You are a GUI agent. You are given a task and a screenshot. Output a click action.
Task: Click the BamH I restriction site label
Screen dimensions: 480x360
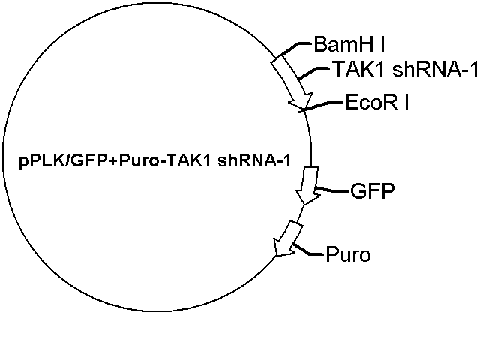[x=349, y=45]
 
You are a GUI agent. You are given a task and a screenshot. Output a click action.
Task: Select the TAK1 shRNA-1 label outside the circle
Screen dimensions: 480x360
[x=405, y=69]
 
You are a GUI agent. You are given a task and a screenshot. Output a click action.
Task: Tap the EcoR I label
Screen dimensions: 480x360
[x=377, y=102]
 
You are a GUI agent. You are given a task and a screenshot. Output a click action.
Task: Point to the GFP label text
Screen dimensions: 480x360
[x=373, y=191]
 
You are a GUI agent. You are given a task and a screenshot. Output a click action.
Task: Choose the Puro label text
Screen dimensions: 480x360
[x=348, y=254]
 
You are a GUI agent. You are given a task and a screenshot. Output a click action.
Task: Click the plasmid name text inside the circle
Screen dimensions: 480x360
[x=155, y=160]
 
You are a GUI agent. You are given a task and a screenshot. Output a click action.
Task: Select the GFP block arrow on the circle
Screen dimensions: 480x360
[x=308, y=185]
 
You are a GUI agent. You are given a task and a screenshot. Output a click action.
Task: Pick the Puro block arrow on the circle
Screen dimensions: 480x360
[x=288, y=238]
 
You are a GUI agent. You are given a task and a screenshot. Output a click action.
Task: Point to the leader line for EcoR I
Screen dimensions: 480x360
[x=322, y=105]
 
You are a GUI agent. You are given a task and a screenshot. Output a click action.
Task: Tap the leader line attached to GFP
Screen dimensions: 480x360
[x=332, y=190]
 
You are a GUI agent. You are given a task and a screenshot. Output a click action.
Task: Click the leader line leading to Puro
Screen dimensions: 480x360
[x=307, y=250]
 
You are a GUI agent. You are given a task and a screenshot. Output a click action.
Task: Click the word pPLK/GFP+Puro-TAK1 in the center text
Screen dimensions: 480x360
[x=115, y=160]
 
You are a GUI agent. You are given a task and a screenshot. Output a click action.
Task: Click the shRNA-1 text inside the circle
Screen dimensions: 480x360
[x=254, y=160]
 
